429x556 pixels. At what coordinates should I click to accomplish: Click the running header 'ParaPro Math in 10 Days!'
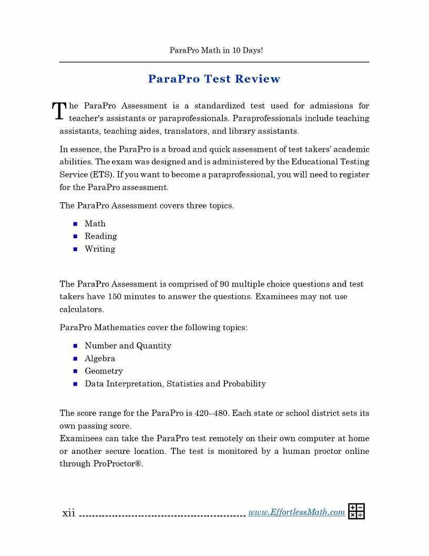216,51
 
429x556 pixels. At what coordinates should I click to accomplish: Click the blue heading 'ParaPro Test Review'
214,79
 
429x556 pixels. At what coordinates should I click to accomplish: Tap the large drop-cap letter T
59,111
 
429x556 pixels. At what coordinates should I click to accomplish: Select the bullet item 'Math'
95,224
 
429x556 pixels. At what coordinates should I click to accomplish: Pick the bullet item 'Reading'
100,236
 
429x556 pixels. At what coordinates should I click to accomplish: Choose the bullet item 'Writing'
100,249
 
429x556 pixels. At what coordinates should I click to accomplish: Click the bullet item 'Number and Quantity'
128,346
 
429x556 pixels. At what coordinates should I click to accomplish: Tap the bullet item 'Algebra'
100,359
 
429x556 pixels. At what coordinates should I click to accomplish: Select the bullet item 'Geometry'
104,371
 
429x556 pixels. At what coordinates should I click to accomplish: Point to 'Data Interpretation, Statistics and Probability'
175,384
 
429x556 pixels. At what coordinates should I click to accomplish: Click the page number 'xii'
68,513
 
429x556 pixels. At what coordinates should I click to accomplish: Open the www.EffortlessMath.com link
297,512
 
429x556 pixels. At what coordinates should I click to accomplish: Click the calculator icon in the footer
356,511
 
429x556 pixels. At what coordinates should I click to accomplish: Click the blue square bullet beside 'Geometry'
75,371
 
